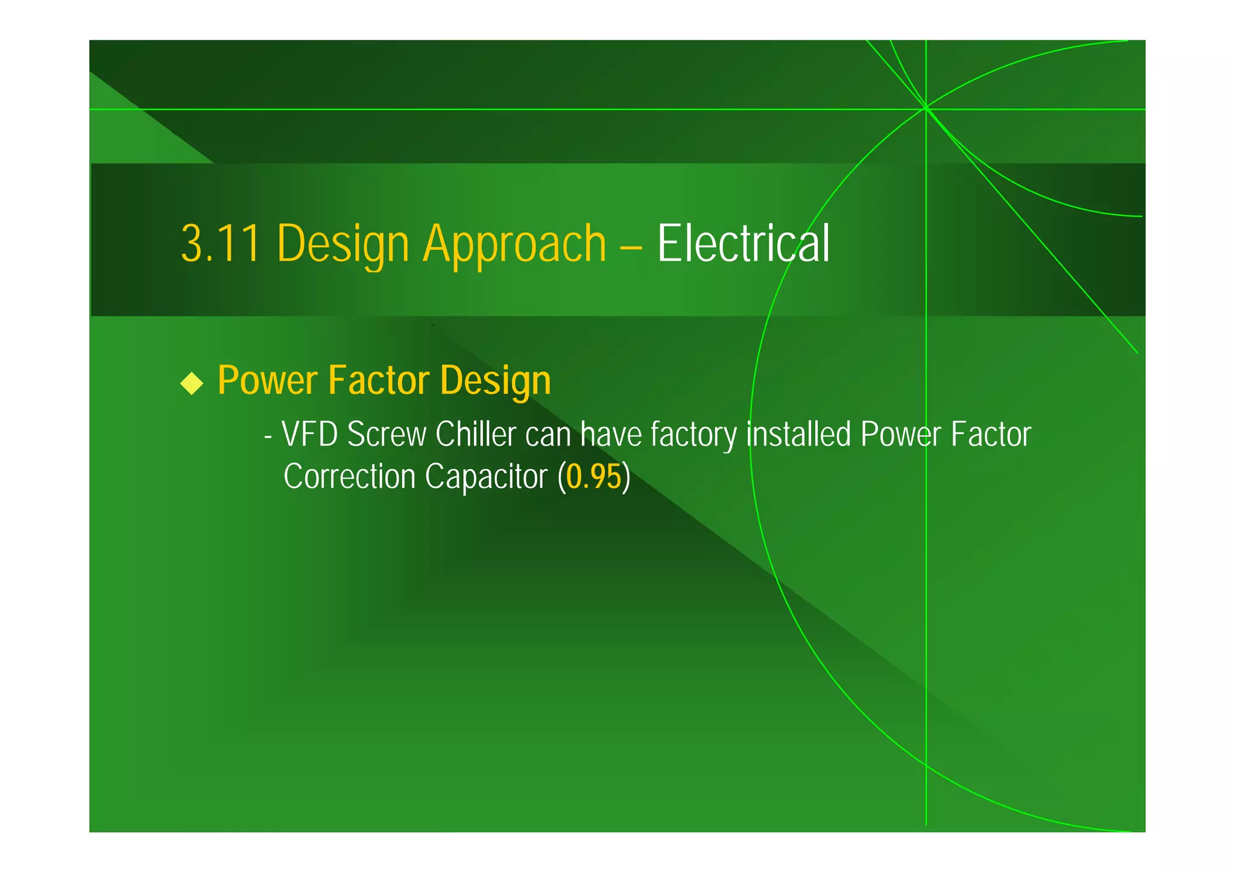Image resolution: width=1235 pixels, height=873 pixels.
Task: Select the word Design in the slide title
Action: [x=343, y=244]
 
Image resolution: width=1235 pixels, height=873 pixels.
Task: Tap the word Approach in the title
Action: [x=514, y=244]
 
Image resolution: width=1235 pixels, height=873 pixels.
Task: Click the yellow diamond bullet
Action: [x=192, y=383]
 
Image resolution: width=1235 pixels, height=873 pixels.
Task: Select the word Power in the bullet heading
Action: [x=268, y=380]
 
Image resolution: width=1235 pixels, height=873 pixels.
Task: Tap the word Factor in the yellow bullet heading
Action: [x=379, y=380]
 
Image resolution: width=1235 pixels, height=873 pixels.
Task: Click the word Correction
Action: [x=350, y=477]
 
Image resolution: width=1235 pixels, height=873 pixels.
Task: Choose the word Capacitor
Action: [x=485, y=477]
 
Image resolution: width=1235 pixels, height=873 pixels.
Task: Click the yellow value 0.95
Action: [x=593, y=477]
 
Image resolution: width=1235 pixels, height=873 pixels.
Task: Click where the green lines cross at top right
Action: [x=926, y=109]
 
